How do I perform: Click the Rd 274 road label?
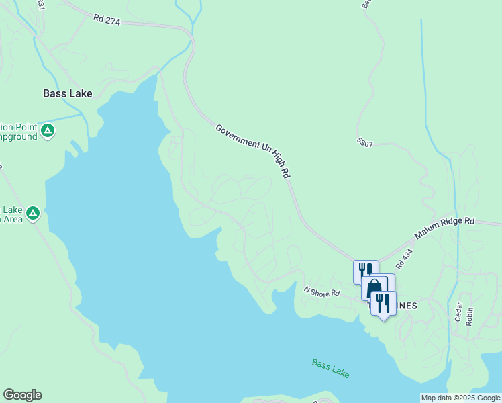[x=107, y=21]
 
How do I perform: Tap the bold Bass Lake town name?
[x=67, y=93]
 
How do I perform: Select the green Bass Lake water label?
[x=330, y=368]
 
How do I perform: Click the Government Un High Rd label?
[x=252, y=150]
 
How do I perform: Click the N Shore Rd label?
[x=321, y=293]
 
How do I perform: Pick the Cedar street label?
[x=458, y=311]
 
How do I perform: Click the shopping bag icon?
[x=374, y=287]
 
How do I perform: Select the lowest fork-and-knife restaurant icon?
[x=383, y=302]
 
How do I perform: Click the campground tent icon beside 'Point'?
[x=47, y=130]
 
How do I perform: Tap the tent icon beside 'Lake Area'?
[x=33, y=214]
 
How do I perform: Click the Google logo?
[x=22, y=395]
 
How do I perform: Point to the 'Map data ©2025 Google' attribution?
[x=461, y=398]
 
